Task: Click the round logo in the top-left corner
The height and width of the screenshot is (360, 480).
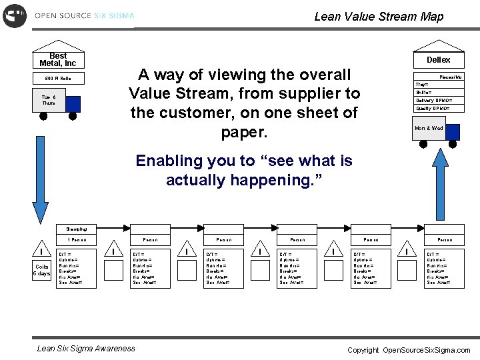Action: coord(14,15)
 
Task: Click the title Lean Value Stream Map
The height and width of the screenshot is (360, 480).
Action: coord(378,17)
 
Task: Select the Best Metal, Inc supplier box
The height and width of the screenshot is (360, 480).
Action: coord(58,60)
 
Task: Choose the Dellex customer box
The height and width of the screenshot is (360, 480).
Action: coord(438,60)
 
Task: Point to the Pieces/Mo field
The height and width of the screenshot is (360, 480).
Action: coord(450,77)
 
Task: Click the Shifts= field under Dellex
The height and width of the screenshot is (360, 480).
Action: coord(438,93)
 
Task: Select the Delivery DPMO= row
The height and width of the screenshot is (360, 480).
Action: coord(438,101)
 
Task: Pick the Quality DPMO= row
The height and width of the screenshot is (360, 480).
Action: coord(438,109)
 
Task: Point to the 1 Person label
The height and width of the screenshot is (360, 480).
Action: coord(77,239)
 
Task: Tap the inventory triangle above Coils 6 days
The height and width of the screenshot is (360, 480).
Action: coord(42,253)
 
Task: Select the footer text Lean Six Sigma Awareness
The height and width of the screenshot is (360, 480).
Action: coord(86,348)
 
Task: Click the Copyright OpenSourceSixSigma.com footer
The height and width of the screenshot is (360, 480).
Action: coord(408,350)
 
